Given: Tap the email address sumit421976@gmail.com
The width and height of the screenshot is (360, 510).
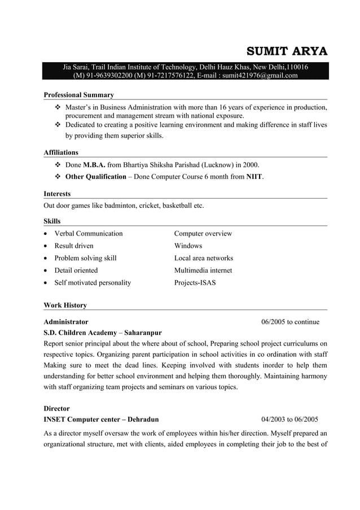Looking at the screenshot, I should click(259, 76).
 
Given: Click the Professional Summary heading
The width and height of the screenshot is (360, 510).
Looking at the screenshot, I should click(78, 95).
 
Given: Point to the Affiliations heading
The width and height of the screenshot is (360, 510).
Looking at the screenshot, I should click(61, 152).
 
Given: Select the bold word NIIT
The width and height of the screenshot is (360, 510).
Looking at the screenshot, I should click(254, 176).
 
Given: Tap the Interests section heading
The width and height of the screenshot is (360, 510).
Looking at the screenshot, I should click(57, 194).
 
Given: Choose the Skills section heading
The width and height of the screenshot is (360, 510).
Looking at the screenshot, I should click(52, 221).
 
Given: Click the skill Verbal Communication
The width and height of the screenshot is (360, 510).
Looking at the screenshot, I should click(88, 233).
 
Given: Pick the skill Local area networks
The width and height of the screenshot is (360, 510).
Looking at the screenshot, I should click(203, 258).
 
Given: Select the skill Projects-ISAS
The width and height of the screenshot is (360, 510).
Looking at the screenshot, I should click(195, 282).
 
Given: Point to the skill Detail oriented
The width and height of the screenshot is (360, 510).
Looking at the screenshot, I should click(76, 271).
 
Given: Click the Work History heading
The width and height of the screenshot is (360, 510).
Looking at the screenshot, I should click(65, 306).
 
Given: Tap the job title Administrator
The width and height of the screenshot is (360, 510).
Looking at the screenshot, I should click(65, 322).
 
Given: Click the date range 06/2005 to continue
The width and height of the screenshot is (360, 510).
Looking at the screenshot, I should click(290, 322).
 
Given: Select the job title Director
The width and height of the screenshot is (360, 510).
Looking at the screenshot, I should click(56, 408).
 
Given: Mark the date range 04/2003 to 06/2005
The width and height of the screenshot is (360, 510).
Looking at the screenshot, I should click(289, 420).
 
